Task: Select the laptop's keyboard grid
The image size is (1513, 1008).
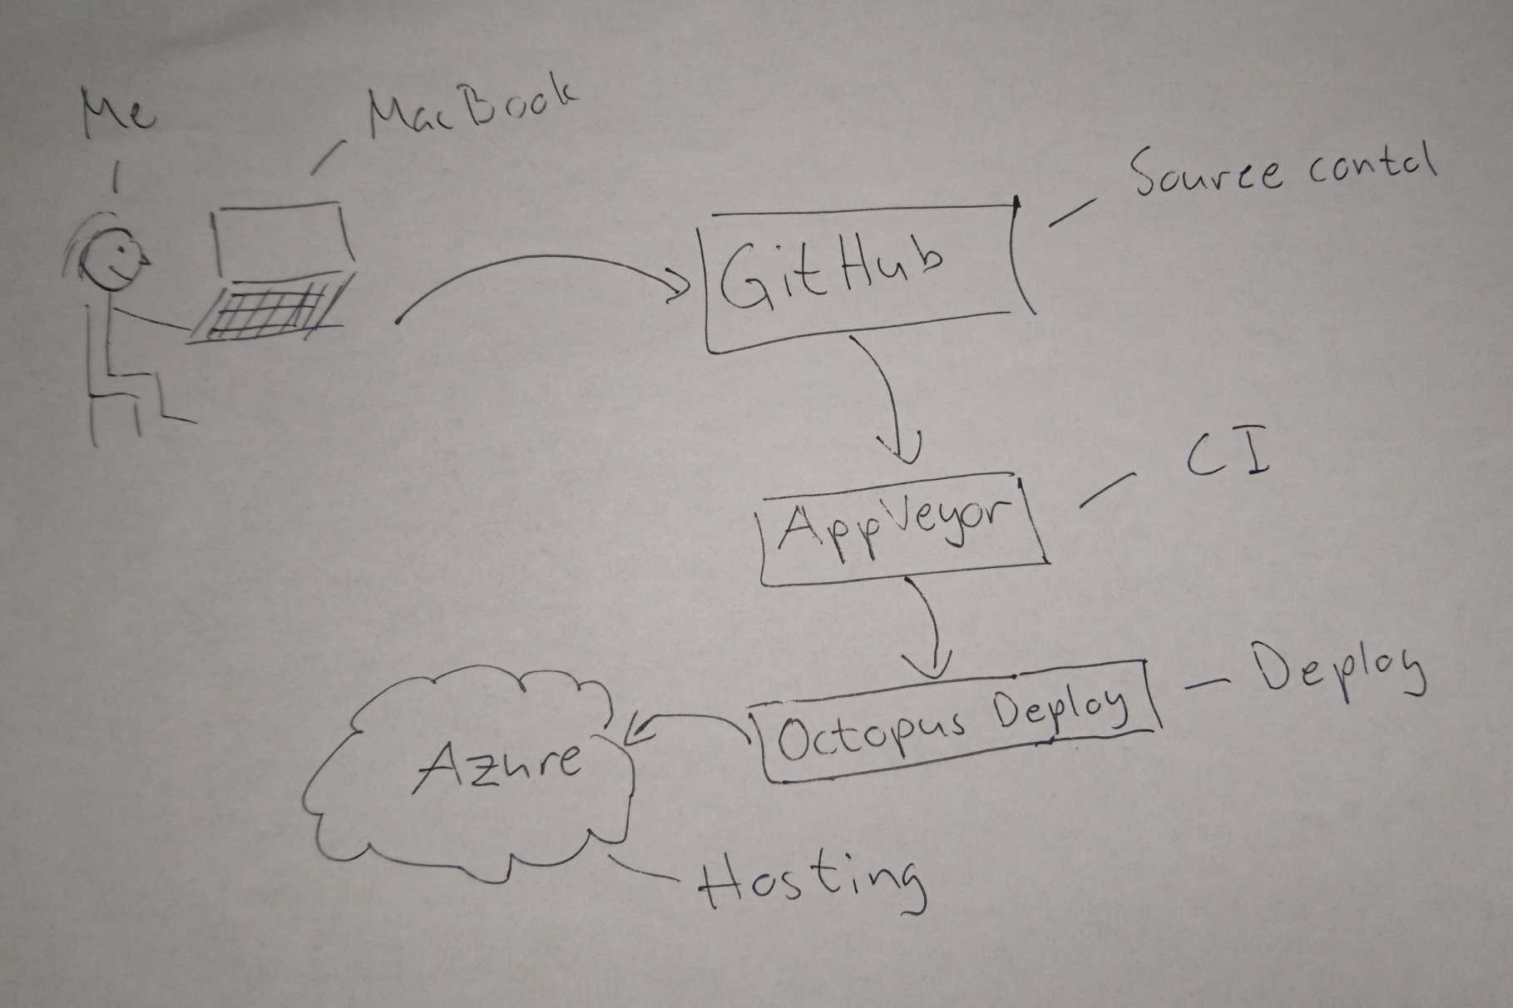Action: (x=265, y=311)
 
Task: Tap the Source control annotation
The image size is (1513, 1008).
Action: (x=1281, y=170)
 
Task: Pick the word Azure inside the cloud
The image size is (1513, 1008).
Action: (x=499, y=761)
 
